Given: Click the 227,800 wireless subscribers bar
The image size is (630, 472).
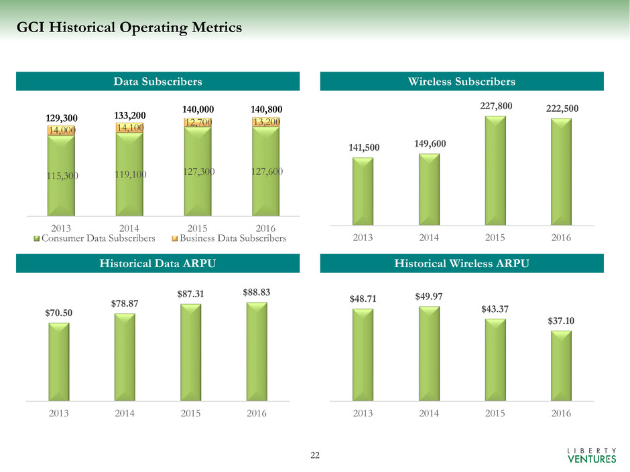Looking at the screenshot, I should [495, 171].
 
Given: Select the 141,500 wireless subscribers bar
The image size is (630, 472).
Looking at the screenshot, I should [363, 191].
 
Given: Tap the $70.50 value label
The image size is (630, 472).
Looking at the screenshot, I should [58, 313].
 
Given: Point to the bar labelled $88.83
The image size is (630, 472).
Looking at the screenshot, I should [257, 351].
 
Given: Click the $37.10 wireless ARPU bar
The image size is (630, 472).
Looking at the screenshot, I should [561, 366].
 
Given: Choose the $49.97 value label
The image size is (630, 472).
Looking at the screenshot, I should [429, 297].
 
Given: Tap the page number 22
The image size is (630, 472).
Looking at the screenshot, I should [315, 456].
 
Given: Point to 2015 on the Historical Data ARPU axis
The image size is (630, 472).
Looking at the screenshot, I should [190, 413].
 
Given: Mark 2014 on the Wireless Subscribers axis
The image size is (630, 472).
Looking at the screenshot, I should [429, 237].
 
